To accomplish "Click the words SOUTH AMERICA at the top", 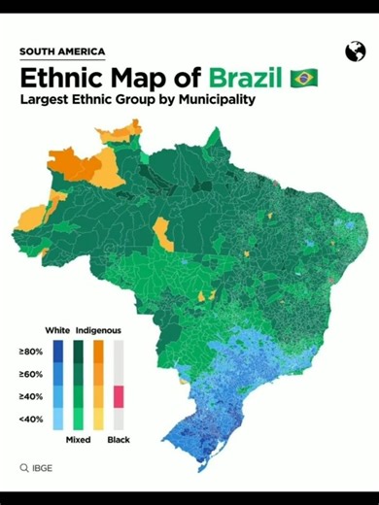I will coord(62,52).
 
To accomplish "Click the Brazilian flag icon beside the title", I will coord(304,78).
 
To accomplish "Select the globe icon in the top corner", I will coord(354,51).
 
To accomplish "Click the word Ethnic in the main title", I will coord(59,77).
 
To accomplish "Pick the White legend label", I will coord(56,330).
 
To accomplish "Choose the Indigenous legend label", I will coord(97,330).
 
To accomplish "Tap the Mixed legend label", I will coord(79,440).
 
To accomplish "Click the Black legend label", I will coord(120,440).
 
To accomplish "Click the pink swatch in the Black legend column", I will coord(120,396).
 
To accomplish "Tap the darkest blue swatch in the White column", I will coord(58,352).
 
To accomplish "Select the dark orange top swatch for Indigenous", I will coord(99,352).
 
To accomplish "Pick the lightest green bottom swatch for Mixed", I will coord(79,419).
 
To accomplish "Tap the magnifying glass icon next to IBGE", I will coord(24,468).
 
